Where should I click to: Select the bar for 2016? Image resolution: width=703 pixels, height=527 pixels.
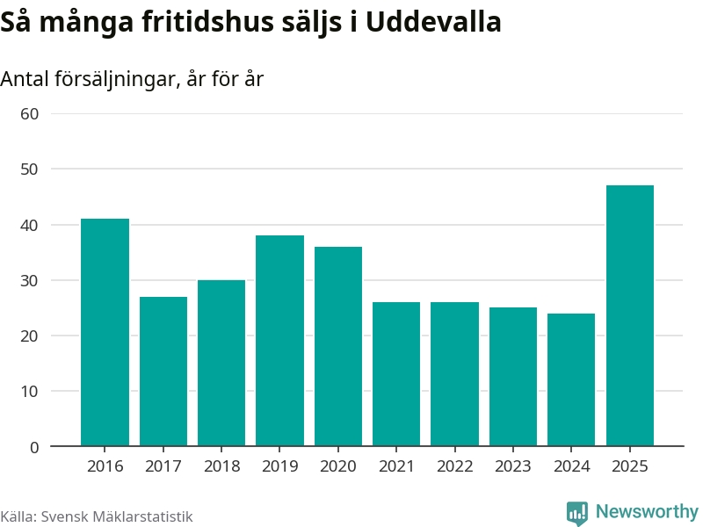[105, 332]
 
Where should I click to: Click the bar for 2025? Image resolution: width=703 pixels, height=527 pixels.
[630, 315]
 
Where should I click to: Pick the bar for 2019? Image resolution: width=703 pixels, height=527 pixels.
[279, 341]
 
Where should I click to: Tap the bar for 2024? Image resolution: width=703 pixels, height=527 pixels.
[571, 379]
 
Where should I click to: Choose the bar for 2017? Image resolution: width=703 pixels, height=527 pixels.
[163, 371]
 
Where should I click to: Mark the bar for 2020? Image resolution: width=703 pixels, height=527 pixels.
[338, 346]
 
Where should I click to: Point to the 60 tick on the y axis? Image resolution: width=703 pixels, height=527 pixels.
[30, 114]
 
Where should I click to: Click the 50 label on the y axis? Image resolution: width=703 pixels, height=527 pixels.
[30, 170]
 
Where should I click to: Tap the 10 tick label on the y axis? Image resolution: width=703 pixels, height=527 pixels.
[30, 391]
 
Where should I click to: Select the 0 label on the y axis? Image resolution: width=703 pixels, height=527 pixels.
[34, 447]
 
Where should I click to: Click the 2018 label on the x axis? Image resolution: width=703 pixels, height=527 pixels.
[222, 466]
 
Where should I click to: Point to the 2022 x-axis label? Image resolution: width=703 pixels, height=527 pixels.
[455, 466]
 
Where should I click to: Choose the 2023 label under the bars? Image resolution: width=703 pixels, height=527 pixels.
[513, 466]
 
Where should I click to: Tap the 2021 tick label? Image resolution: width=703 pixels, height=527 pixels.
[396, 466]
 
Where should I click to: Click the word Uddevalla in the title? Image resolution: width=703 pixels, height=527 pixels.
[433, 21]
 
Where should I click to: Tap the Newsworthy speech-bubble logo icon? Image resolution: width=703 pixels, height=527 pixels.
[577, 513]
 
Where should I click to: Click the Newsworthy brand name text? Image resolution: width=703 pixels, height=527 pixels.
[647, 511]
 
